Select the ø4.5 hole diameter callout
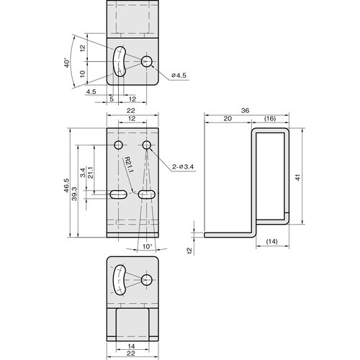(x=179, y=76)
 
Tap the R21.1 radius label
(x=127, y=166)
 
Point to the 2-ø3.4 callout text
(x=184, y=167)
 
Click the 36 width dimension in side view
(x=246, y=111)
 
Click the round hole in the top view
(x=147, y=62)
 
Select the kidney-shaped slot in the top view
(x=120, y=62)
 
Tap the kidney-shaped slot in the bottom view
(x=119, y=282)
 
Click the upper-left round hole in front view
(x=119, y=146)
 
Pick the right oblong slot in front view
(x=148, y=194)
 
